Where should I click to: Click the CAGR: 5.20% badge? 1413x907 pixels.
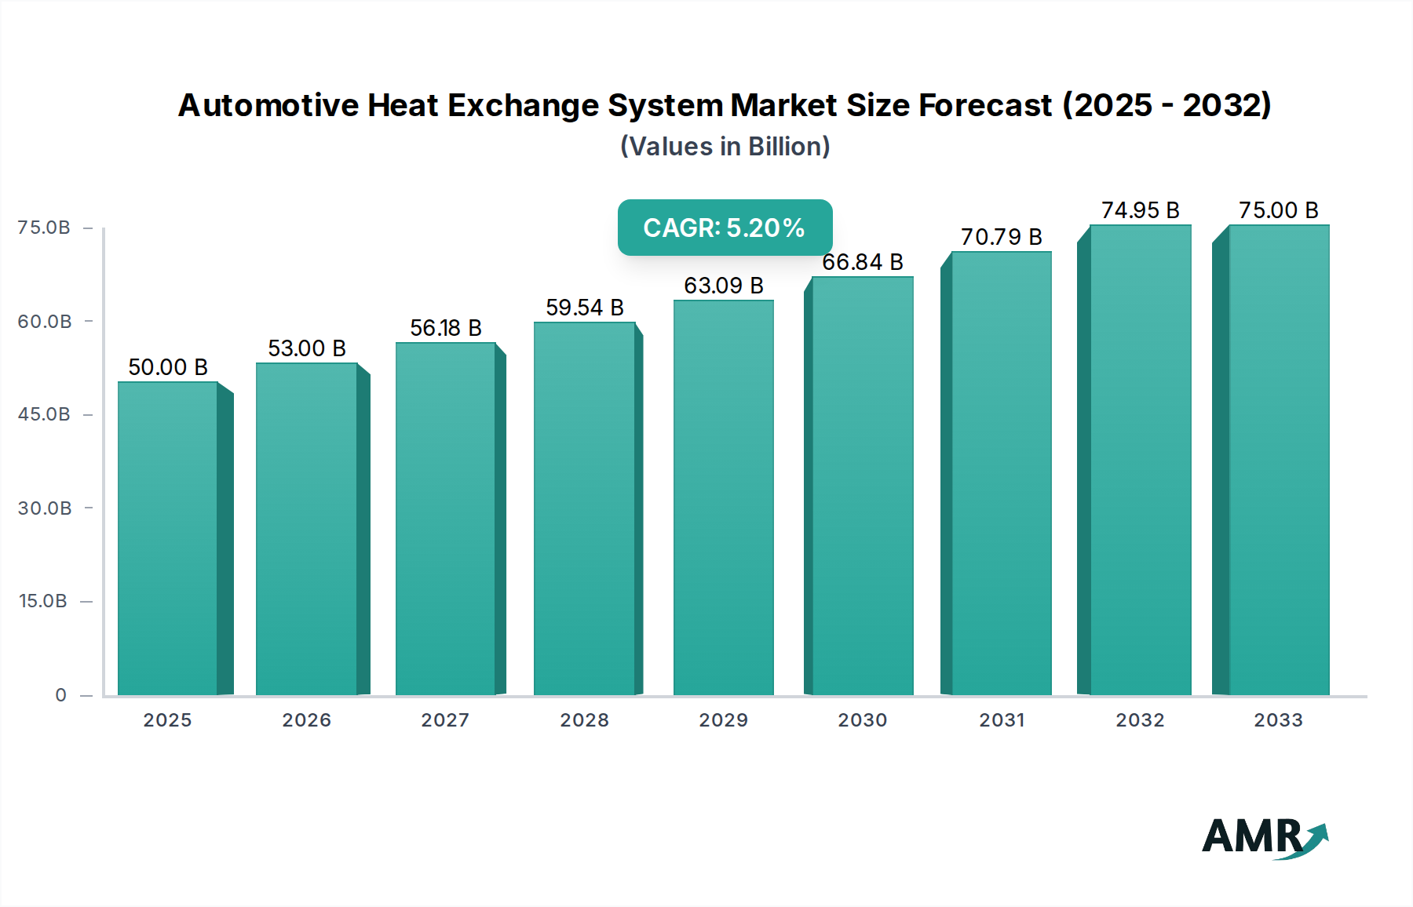coord(725,228)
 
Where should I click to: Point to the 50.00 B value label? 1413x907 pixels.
coord(168,367)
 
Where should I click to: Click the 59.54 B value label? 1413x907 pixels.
coord(585,308)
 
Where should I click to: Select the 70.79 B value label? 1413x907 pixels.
coord(1002,237)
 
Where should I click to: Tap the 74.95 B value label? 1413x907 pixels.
coord(1140,210)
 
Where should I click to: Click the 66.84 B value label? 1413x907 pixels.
coord(862,262)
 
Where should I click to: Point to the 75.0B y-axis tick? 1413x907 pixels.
coord(44,228)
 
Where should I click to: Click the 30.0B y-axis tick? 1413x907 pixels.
coord(45,508)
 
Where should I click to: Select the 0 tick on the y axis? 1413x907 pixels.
coord(60,695)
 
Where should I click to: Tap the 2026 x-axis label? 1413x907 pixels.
coord(306,720)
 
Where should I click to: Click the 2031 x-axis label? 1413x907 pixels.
coord(1002,720)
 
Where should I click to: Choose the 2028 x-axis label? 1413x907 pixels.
coord(584,720)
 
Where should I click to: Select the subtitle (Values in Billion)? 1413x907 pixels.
coord(725,147)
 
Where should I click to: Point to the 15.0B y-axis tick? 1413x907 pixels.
coord(43,601)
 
